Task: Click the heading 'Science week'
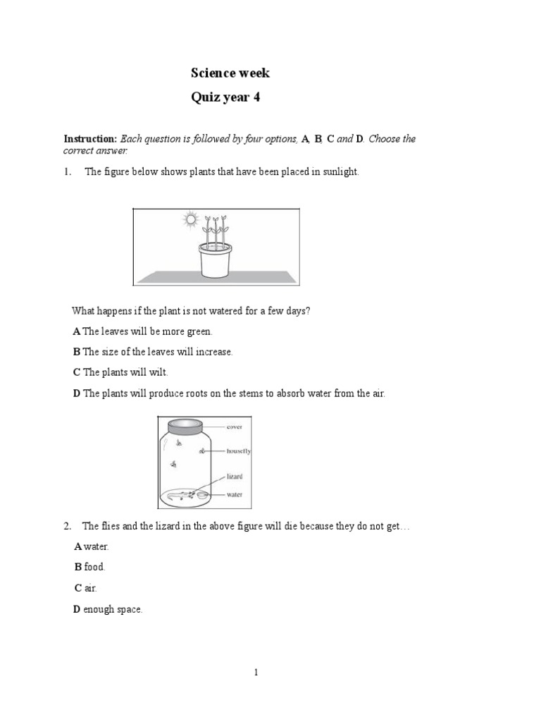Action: (x=230, y=73)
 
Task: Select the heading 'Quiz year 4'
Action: (x=225, y=98)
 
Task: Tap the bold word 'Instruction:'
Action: (x=90, y=139)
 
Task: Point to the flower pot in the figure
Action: (x=215, y=260)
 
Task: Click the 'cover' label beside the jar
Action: (x=235, y=427)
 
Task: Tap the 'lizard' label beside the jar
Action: (x=235, y=477)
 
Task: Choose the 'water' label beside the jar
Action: (x=235, y=494)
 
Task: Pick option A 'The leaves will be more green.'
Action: (x=142, y=331)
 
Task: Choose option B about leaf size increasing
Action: (x=152, y=351)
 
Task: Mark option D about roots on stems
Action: (x=229, y=393)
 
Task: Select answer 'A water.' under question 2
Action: (x=92, y=546)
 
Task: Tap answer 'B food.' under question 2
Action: (x=89, y=567)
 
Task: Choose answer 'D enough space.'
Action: (x=108, y=609)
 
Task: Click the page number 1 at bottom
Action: (x=257, y=673)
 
